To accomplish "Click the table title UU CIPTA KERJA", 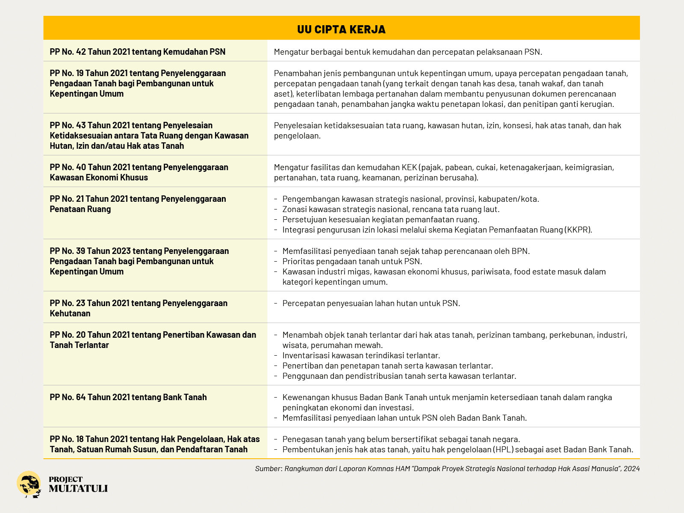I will [341, 29].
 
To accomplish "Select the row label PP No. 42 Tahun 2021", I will [137, 52].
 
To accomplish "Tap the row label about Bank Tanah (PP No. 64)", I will [128, 397].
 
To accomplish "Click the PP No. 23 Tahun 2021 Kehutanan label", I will [138, 308].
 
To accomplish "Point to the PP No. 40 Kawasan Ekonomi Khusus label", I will [139, 172].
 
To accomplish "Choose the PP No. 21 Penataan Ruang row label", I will [137, 203].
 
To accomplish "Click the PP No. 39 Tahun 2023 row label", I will [139, 261].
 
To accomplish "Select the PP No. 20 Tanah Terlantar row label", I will [153, 339].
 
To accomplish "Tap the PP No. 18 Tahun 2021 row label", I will [154, 444].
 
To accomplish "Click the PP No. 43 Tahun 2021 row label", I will [149, 135].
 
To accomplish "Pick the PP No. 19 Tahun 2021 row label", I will [137, 83].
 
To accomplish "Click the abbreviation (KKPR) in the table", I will [578, 230].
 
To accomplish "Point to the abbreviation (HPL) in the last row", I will [503, 450].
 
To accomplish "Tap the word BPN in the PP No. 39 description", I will [520, 251].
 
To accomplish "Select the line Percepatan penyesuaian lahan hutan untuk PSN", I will [371, 304].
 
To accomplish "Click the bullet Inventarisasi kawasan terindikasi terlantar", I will [361, 356].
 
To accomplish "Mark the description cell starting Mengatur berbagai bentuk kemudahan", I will [408, 52].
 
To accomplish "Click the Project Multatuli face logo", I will [29, 484].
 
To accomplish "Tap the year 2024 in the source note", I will [631, 469].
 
